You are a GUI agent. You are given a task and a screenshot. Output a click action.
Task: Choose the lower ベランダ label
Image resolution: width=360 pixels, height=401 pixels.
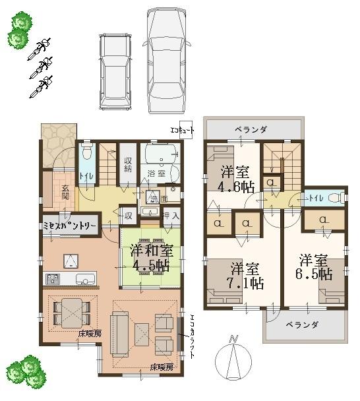pyautogui.click(x=303, y=325)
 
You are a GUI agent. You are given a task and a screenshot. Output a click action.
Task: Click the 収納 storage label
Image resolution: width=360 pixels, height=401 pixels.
pyautogui.click(x=128, y=164)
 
